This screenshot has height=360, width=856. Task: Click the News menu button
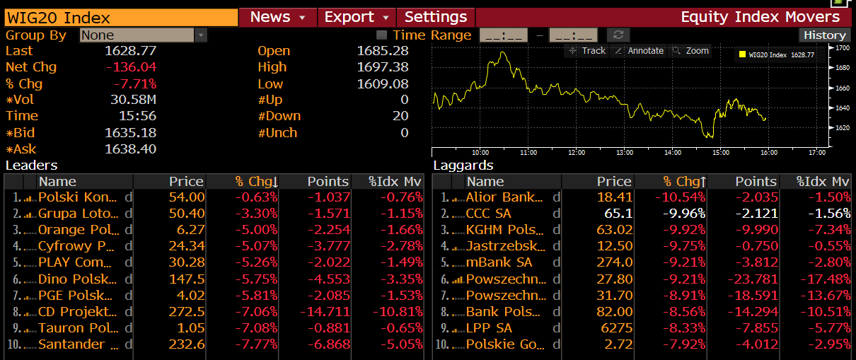277,17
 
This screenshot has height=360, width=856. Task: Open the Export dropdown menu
356,17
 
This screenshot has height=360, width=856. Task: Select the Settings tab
436,17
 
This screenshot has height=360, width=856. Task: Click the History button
824,35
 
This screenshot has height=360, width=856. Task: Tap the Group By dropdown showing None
143,35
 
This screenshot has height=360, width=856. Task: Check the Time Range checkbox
382,35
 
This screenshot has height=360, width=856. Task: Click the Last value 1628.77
130,51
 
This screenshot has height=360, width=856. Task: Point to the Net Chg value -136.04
131,67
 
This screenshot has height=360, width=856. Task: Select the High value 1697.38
383,67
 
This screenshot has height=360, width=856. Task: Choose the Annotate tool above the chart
639,51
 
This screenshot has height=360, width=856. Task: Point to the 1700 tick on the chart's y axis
842,48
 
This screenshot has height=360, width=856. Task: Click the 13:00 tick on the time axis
625,152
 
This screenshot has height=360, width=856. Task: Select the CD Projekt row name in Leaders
77,312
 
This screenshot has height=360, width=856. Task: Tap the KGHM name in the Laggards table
505,230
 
